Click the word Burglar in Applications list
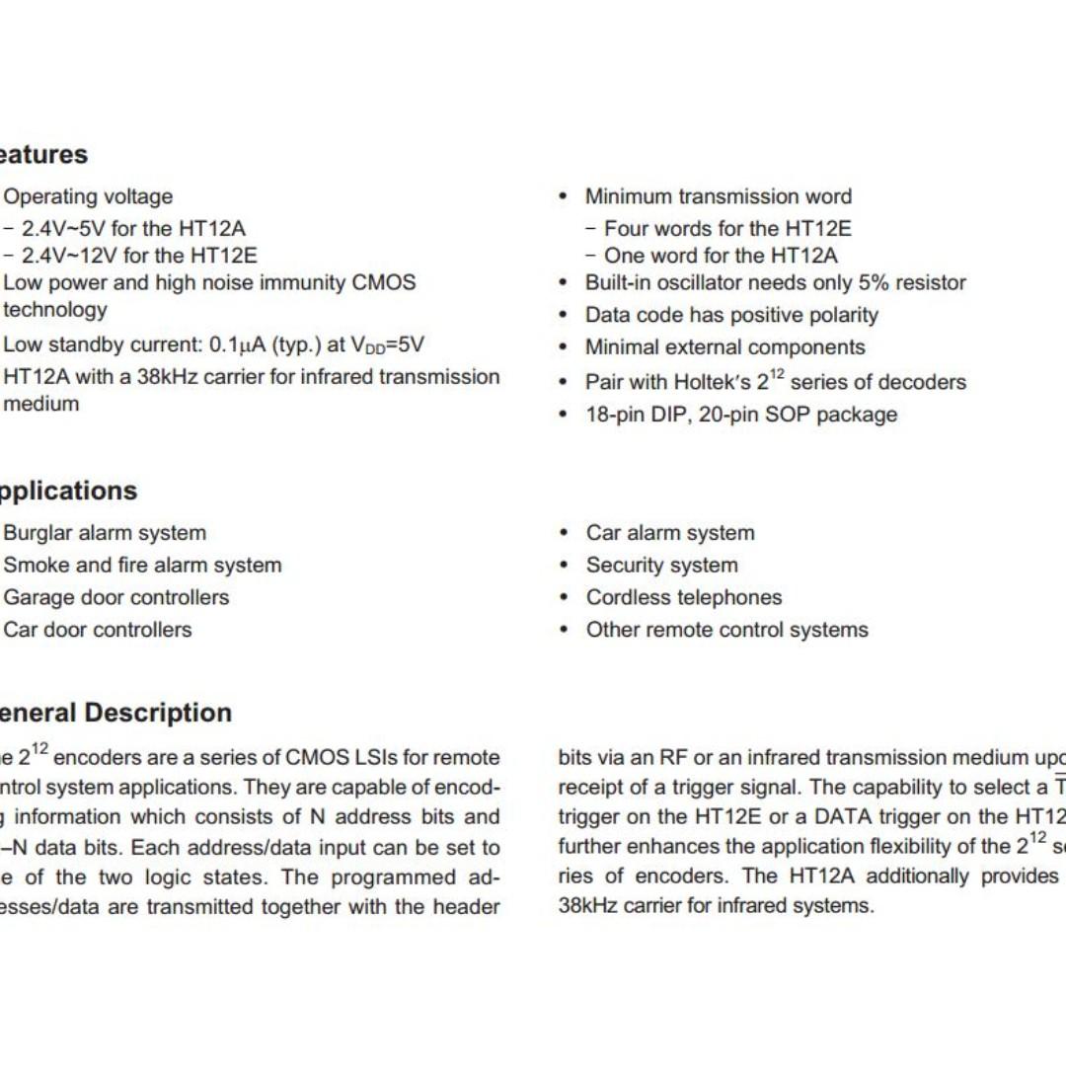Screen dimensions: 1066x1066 (x=37, y=533)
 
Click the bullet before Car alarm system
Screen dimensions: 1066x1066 (x=564, y=533)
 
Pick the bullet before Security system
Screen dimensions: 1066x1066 (x=564, y=566)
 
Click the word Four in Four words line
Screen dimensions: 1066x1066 (x=626, y=229)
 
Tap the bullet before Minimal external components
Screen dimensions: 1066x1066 (x=564, y=347)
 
